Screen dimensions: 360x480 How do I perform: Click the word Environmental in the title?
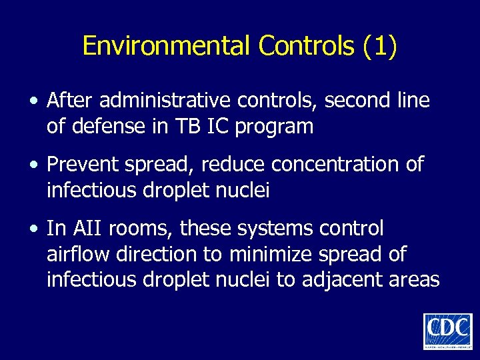click(x=167, y=46)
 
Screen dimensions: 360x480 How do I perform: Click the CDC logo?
click(x=447, y=331)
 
